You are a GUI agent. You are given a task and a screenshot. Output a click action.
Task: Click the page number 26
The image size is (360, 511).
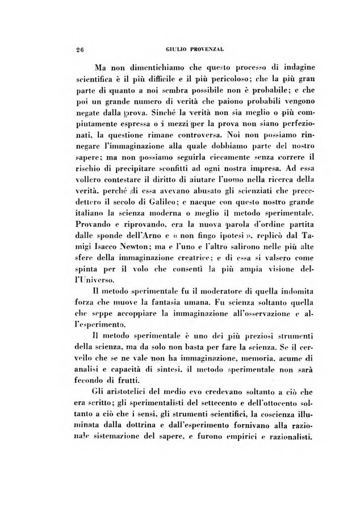(79, 49)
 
